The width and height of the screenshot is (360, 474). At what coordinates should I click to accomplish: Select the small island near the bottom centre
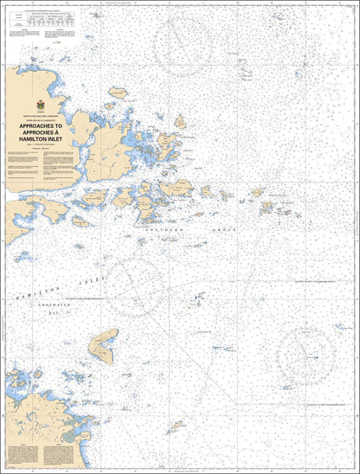(177, 426)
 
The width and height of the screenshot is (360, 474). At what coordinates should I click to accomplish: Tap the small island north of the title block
(118, 91)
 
